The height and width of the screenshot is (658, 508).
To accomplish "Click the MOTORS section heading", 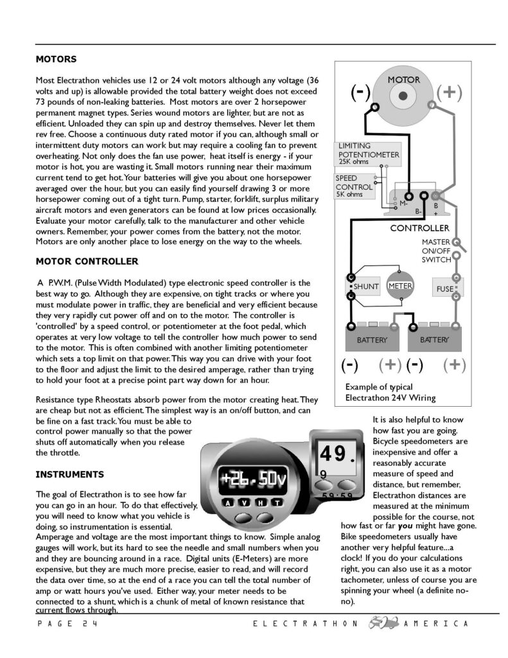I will [x=56, y=59].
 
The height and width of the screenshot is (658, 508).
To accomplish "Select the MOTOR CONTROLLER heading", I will [x=87, y=262].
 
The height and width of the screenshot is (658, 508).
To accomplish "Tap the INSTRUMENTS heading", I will [x=69, y=475].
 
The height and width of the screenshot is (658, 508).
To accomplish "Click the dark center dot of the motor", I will [x=402, y=96].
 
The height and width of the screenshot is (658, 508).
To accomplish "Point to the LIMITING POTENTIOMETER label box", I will [x=369, y=154].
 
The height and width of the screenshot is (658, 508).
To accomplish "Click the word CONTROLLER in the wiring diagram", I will [x=420, y=228].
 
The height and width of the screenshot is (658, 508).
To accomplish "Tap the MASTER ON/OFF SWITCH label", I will [x=436, y=251].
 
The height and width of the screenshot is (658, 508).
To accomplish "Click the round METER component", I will [x=399, y=287].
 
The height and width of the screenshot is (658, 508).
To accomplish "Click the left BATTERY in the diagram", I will [x=372, y=336].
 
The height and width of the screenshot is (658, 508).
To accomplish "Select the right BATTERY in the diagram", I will [x=435, y=336].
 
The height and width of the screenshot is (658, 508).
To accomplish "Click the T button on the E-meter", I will [x=276, y=502].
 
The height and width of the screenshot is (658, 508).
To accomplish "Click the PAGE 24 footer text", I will [x=68, y=624].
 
